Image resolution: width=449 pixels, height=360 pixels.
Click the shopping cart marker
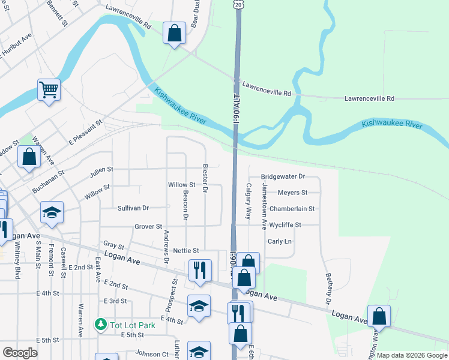pos(49,91)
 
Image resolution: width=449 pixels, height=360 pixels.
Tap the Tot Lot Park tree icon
pos(101,325)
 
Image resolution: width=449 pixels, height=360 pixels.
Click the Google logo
pos(20,353)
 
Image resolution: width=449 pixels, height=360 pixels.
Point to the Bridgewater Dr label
pos(283,177)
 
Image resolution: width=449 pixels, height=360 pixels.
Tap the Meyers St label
pos(292,193)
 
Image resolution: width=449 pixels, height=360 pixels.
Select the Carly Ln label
pos(279,241)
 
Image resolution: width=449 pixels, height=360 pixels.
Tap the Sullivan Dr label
pos(133,208)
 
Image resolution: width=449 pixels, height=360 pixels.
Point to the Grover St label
pos(148,227)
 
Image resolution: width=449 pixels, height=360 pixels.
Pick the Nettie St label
pos(185,250)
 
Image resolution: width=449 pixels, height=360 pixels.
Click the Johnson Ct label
pos(152,353)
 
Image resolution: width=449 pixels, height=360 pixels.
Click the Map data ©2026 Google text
pos(412,355)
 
